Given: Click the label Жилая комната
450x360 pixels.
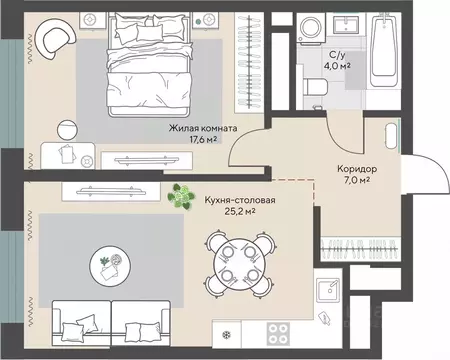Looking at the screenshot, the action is pos(203,128).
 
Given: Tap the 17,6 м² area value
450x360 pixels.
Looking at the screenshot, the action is pos(203,139).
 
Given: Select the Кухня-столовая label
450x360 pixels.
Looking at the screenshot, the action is pos(240,200).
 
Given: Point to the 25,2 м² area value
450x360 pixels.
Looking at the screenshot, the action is pos(240,211).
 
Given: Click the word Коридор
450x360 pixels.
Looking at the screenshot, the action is pos(357,169).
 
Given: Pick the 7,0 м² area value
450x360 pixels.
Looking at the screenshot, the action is pos(357,180).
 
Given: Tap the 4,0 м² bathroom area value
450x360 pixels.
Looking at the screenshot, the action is pos(337,66).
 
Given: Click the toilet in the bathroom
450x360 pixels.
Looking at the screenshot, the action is pos(316,87).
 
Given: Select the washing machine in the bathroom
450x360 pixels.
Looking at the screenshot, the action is pos(312,28).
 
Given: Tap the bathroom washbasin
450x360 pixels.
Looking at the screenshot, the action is pos(347,24).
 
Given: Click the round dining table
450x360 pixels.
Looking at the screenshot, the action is pos(240,263).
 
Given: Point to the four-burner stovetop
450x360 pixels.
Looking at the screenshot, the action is pos(278,334).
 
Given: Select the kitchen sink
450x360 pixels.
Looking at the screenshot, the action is pos(328,290).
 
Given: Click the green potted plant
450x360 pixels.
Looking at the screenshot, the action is pos(180,197).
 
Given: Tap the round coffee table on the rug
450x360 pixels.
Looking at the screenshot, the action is pos(110,266).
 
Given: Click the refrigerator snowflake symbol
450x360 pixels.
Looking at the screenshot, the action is pos(227,334).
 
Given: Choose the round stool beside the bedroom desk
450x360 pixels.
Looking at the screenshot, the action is pos(68,130).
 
